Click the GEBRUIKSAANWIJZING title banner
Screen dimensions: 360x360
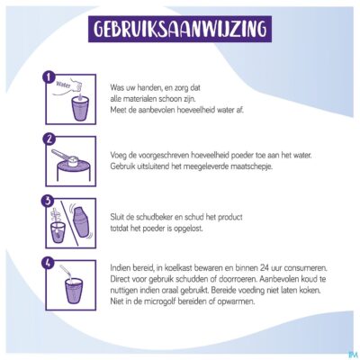[180, 29]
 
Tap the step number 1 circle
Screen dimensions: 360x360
[48, 76]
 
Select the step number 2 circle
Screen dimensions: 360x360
[48, 139]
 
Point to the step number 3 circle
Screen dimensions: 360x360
[48, 201]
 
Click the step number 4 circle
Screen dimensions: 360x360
[48, 263]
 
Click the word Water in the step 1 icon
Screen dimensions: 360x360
[64, 85]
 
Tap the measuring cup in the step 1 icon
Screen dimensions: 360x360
[80, 109]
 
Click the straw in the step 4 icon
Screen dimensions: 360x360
[67, 273]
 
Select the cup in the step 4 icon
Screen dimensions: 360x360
[74, 292]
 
